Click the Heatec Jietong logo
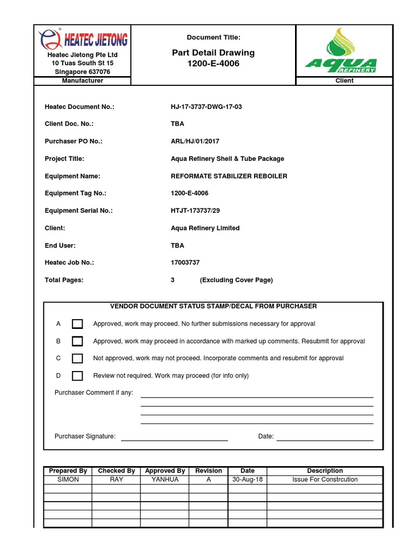click(83, 39)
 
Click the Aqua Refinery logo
click(341, 51)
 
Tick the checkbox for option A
click(77, 323)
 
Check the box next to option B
click(77, 341)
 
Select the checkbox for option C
click(77, 358)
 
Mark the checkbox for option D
click(77, 376)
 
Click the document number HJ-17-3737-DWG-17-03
click(206, 107)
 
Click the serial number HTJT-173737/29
click(196, 211)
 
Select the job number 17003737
click(185, 262)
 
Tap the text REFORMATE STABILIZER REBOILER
click(229, 176)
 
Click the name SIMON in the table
click(68, 480)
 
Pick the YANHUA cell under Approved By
click(165, 480)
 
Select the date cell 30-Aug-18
click(247, 480)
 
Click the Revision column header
click(209, 471)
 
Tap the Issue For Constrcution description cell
click(325, 480)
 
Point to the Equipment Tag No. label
click(75, 193)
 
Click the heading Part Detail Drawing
click(213, 53)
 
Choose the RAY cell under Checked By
click(116, 480)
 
